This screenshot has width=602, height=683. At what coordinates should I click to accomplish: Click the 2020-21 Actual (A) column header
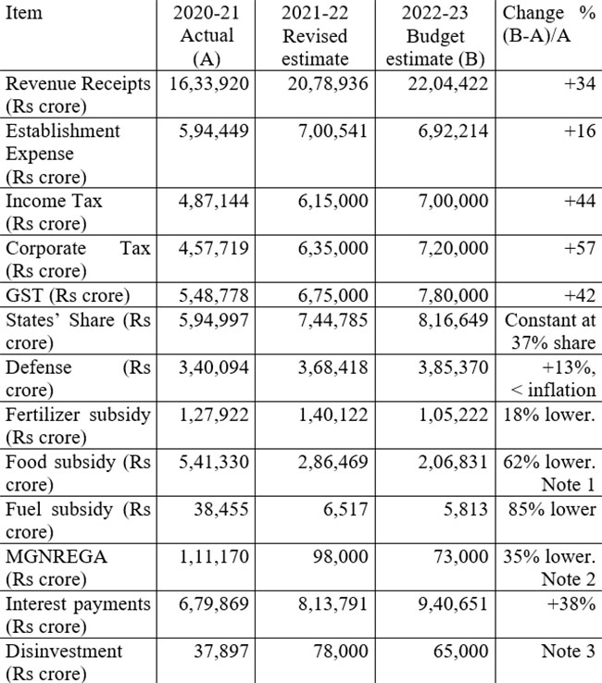click(207, 36)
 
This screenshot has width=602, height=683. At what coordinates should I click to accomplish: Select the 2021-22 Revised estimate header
click(315, 36)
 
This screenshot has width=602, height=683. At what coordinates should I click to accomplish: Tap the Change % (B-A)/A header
click(549, 24)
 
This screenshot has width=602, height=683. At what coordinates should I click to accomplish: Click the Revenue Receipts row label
click(78, 95)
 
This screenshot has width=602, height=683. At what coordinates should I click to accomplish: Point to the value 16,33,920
click(208, 83)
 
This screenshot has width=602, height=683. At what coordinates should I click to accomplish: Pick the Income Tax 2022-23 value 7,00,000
click(454, 201)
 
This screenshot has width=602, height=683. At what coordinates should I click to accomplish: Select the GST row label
click(68, 295)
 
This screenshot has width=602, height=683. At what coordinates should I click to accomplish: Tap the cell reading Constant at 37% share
click(550, 331)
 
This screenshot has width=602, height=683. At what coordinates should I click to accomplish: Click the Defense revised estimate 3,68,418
click(333, 367)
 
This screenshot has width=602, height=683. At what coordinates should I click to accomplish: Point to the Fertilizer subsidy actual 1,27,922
click(214, 415)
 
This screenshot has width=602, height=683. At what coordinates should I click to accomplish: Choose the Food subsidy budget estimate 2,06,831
click(454, 462)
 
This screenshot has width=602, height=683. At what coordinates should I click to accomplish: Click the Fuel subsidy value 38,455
click(221, 509)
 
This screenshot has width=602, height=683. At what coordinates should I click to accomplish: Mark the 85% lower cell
click(552, 509)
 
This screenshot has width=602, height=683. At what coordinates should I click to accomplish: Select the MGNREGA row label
click(56, 567)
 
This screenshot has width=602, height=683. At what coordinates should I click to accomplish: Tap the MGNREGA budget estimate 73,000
click(461, 556)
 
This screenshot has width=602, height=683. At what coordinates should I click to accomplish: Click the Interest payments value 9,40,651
click(454, 603)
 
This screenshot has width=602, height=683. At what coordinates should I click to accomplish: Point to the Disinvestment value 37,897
click(221, 651)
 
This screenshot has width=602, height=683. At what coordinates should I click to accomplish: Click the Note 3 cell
click(569, 651)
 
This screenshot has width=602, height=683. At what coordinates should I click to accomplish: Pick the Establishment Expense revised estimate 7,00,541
click(333, 131)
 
